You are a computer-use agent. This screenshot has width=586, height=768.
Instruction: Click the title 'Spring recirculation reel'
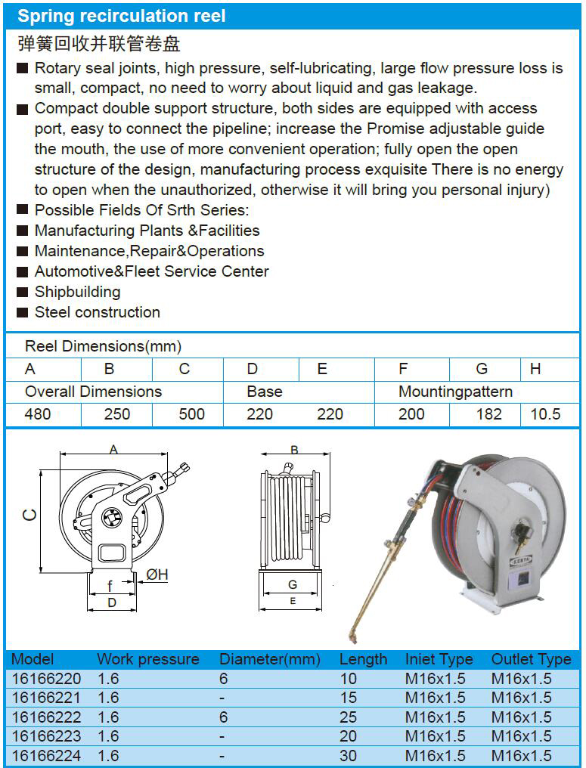[x=122, y=16]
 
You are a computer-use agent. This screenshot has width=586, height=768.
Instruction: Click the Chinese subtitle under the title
[x=98, y=43]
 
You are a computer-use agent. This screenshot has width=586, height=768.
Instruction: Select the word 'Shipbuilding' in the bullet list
[x=77, y=292]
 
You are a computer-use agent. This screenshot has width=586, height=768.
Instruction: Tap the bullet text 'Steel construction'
[x=97, y=312]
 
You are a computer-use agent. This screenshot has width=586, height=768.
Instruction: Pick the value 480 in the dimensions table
[x=39, y=414]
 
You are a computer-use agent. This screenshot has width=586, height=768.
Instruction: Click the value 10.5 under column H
[x=546, y=414]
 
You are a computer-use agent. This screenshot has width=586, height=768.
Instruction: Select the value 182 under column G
[x=489, y=414]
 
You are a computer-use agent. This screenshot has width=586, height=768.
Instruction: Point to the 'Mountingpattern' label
[x=455, y=392]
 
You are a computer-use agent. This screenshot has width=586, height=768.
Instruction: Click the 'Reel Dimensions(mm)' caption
[x=103, y=346]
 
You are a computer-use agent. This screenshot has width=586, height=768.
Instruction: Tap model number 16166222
[x=46, y=717]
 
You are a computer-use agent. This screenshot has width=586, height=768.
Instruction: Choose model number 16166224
[x=46, y=755]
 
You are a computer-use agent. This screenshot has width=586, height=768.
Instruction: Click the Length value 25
[x=349, y=717]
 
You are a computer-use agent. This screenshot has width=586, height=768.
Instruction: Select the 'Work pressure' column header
[x=148, y=659]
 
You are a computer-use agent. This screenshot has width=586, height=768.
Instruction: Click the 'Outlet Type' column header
[x=531, y=659]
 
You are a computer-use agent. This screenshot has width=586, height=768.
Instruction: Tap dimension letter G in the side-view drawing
[x=293, y=585]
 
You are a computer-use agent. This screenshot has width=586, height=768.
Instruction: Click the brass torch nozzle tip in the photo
[x=351, y=638]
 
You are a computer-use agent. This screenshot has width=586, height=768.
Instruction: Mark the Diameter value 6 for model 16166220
[x=223, y=679]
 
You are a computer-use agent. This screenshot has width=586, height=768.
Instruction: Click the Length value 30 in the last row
[x=349, y=755]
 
